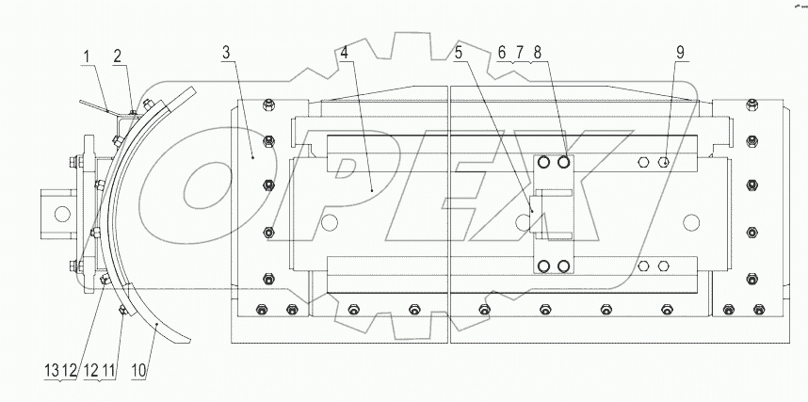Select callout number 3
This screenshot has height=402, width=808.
(227, 53)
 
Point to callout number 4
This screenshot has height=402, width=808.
(347, 53)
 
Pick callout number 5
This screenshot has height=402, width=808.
(459, 53)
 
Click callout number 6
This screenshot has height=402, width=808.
(502, 53)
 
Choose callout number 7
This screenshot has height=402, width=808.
(519, 53)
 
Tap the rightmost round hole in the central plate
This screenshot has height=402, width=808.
(692, 222)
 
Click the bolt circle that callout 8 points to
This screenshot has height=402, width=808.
(563, 163)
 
